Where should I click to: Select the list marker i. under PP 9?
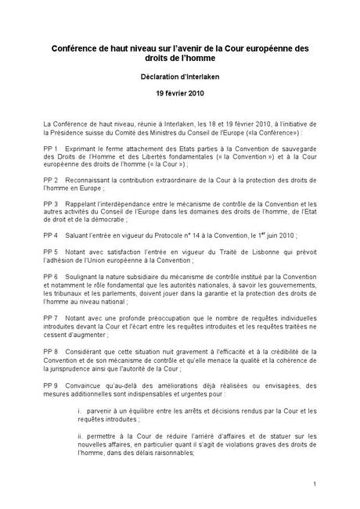[79, 410]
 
